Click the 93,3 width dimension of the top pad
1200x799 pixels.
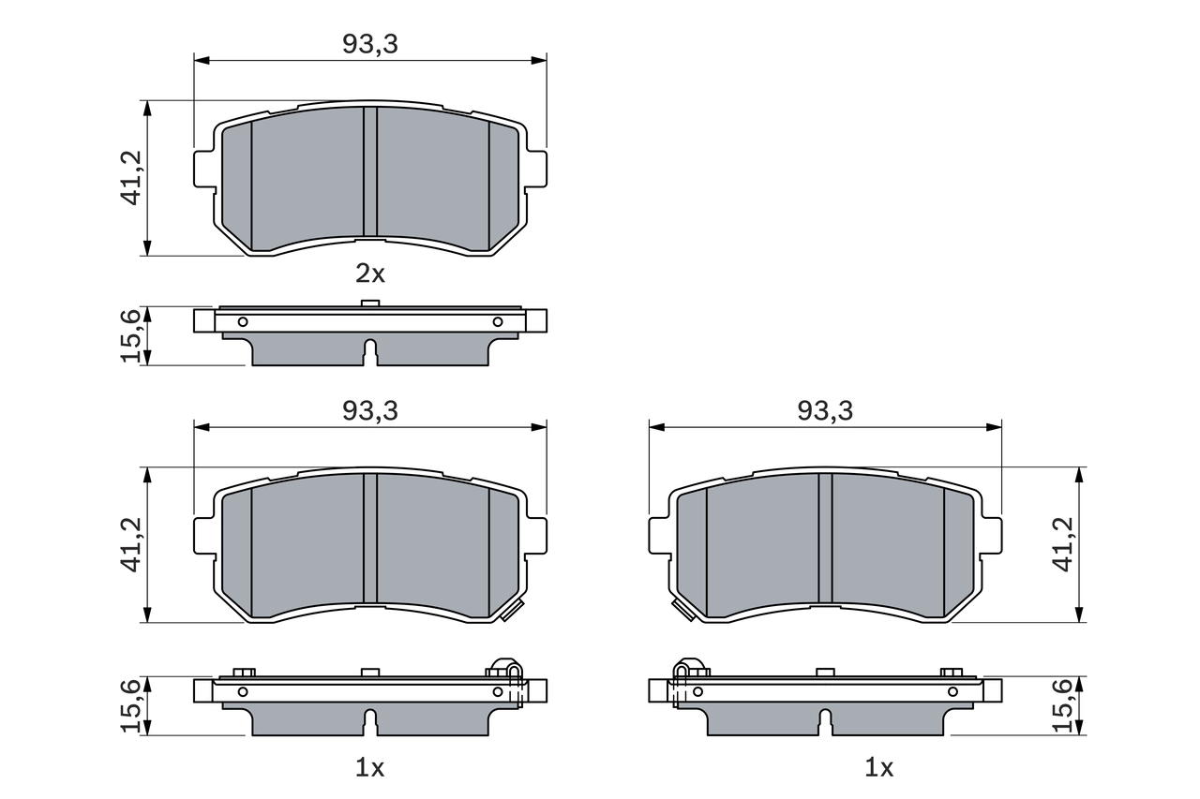click(x=370, y=44)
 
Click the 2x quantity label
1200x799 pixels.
click(x=370, y=274)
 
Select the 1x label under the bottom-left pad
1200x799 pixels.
click(x=370, y=768)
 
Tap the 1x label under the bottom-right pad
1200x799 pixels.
click(x=878, y=768)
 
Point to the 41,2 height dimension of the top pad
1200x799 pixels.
click(x=131, y=178)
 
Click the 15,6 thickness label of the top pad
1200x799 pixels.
click(x=131, y=335)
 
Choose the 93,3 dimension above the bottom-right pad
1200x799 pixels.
click(x=826, y=410)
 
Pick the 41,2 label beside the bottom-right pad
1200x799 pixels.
click(x=1063, y=544)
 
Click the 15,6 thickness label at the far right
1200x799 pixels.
click(x=1063, y=704)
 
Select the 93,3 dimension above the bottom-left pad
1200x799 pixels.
click(x=370, y=410)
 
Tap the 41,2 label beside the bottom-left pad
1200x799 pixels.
click(x=131, y=544)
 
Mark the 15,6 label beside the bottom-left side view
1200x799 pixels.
click(x=131, y=704)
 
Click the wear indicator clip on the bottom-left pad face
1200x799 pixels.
click(x=511, y=613)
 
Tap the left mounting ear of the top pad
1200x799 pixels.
click(x=205, y=169)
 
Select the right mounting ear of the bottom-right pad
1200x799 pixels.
click(x=991, y=535)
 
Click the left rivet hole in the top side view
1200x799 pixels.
click(x=243, y=322)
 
